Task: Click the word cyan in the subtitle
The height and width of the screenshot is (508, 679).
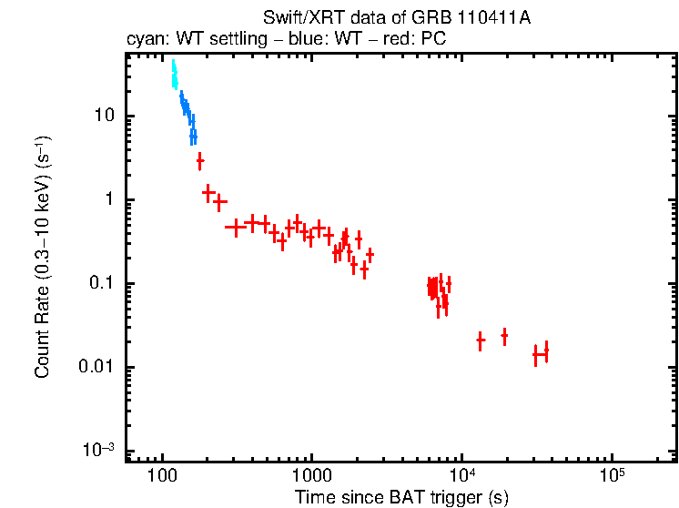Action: tap(144, 40)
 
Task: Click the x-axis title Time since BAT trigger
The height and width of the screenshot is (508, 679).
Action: tap(400, 497)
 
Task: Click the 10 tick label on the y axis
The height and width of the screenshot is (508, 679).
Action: tap(103, 117)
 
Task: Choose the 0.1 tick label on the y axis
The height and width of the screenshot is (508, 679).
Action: tap(99, 284)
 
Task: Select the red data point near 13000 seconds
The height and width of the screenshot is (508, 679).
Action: tap(480, 340)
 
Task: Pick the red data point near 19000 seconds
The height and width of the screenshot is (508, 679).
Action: tap(504, 336)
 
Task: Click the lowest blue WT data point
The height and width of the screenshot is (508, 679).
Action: tap(193, 137)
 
